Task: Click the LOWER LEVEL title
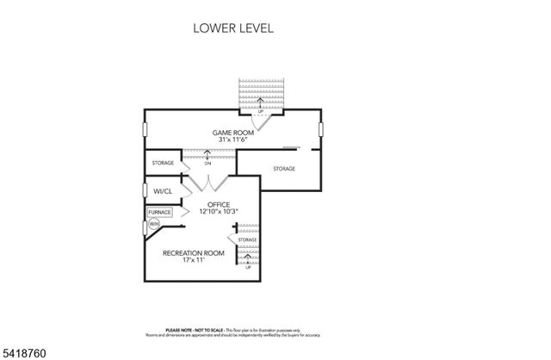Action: (232, 28)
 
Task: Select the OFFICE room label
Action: (218, 204)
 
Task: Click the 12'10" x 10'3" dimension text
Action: (218, 211)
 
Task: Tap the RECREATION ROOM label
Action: (194, 252)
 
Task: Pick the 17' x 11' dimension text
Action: (194, 260)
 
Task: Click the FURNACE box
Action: (159, 212)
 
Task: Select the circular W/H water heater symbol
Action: (154, 224)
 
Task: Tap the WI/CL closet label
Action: (163, 190)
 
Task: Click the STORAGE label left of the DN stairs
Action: (163, 163)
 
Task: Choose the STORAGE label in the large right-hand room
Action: (284, 168)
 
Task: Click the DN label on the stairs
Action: (207, 163)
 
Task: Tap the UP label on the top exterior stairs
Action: (260, 112)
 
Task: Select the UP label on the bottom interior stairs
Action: (248, 267)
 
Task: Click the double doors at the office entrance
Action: (208, 183)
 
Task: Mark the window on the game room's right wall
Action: (320, 129)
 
